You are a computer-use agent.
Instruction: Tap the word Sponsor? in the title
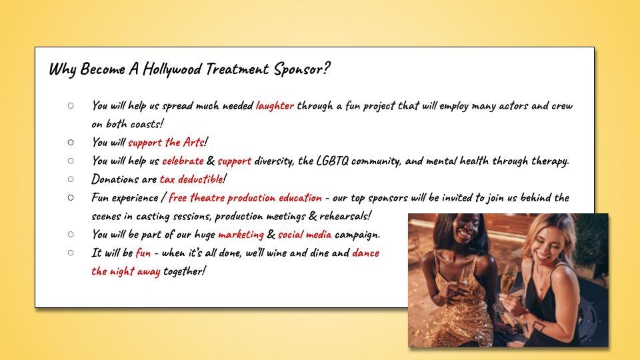coord(301,69)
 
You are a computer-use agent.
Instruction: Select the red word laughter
coord(275,106)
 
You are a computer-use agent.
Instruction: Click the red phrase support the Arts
coord(166,143)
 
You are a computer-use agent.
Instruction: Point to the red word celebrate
coord(183,161)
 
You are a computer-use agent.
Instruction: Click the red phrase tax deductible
coord(191,179)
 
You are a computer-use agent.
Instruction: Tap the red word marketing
coord(241,235)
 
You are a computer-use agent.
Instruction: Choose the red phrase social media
coord(305,234)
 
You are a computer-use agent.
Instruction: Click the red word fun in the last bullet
coord(143,253)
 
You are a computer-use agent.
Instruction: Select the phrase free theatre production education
coord(245,197)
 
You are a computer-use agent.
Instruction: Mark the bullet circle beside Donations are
coord(71,179)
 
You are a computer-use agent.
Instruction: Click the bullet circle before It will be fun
coord(71,253)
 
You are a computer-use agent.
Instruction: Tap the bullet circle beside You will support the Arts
coord(71,143)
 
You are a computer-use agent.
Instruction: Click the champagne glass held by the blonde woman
coord(505,286)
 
